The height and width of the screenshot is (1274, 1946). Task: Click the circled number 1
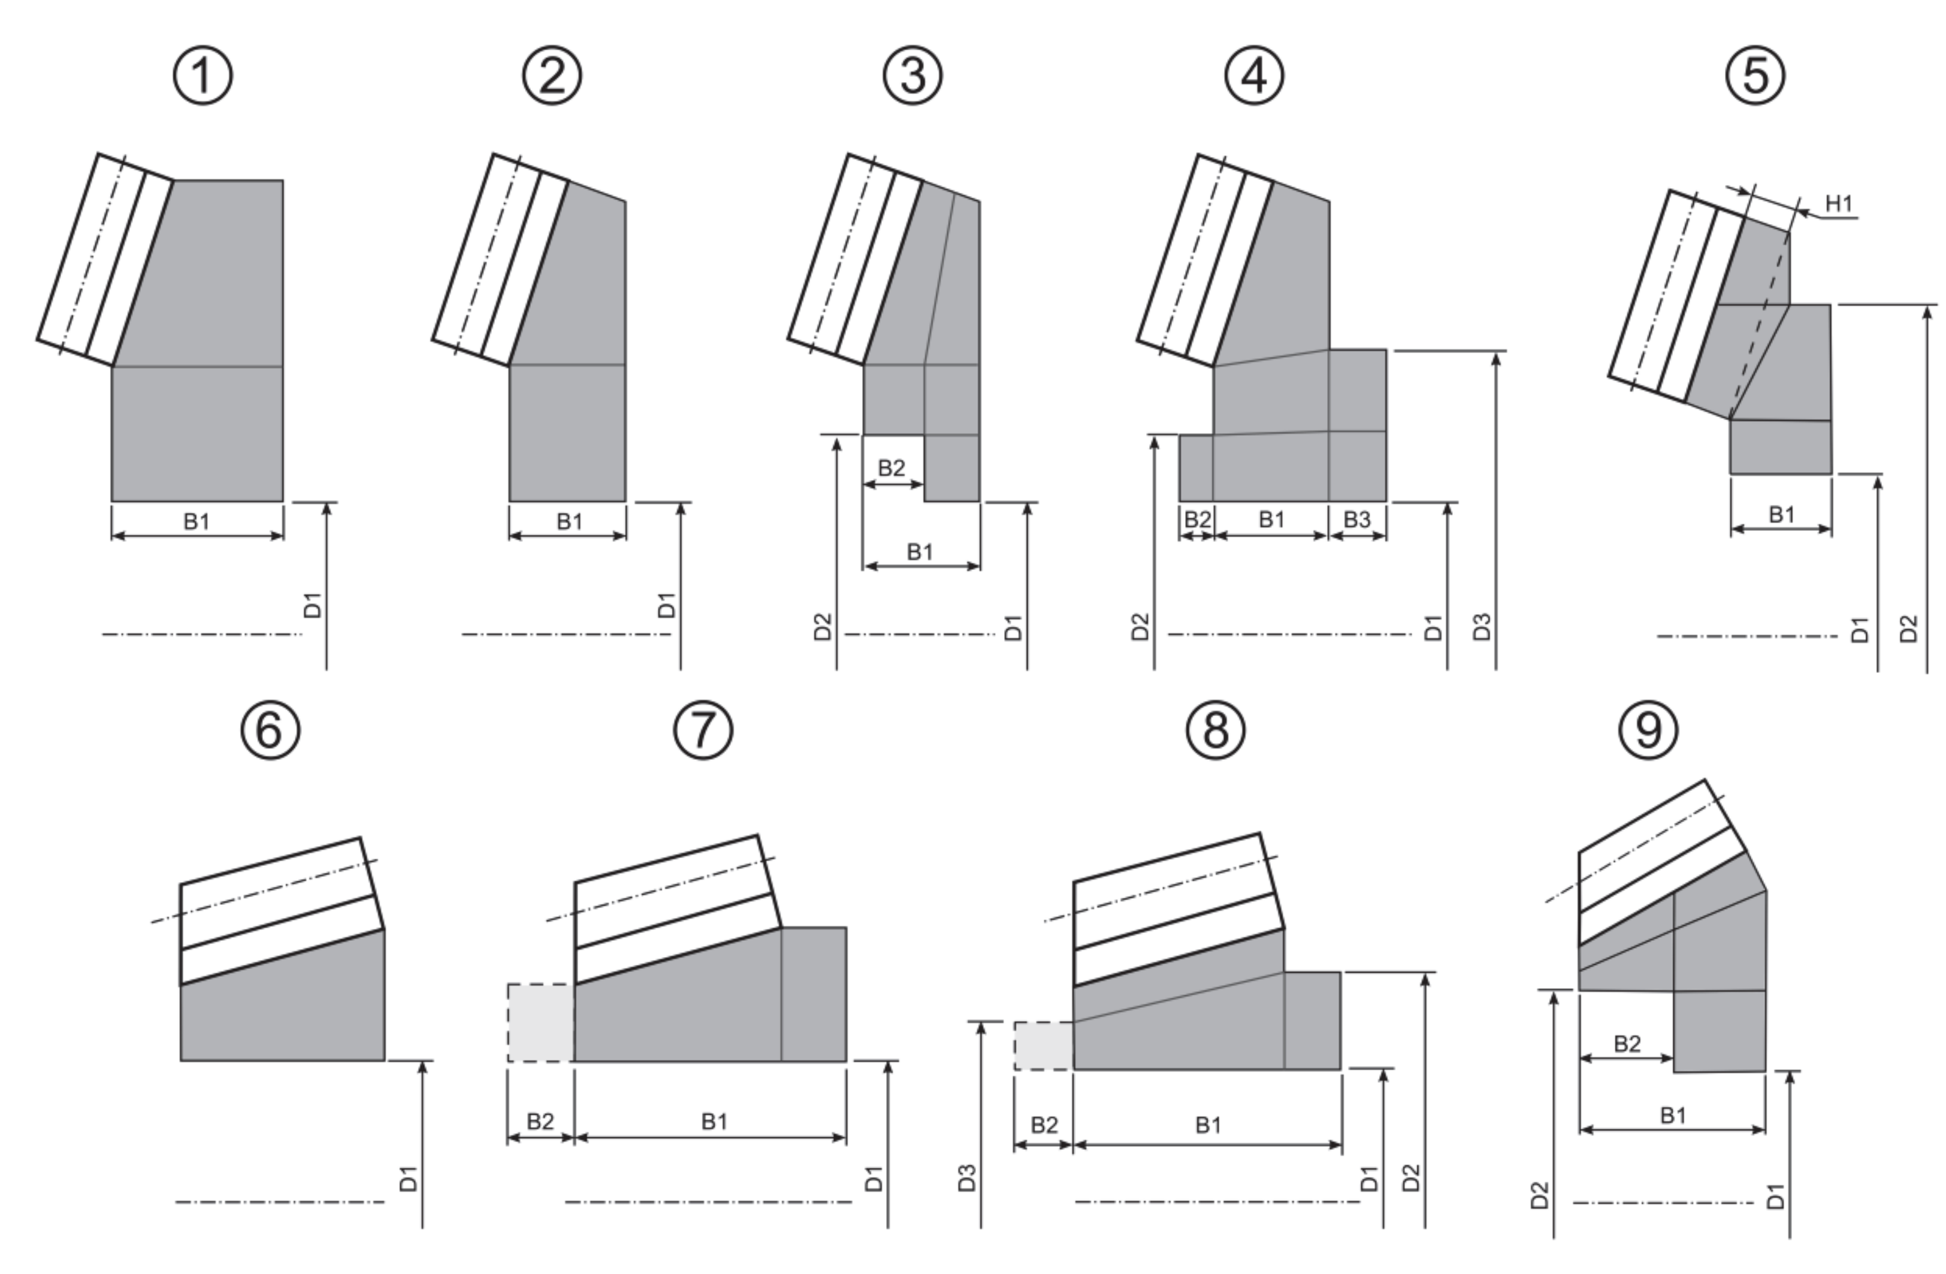coord(203,76)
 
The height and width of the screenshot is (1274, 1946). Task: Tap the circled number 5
coord(1755,76)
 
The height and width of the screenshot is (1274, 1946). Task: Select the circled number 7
coord(703,729)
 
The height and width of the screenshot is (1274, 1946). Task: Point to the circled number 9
coord(1648,729)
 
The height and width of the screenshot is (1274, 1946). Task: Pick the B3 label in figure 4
coord(1357,520)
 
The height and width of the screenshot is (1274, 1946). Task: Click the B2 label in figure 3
coord(892,468)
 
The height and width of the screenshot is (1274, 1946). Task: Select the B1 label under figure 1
coord(197,521)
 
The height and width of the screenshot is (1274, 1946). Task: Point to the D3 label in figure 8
coord(967,1178)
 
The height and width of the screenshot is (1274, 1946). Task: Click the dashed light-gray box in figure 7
coord(540,1022)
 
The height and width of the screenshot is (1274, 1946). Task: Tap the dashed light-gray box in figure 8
coord(1043,1045)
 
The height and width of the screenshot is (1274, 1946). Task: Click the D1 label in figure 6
coord(408,1178)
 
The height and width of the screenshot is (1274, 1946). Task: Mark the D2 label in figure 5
coord(1908,629)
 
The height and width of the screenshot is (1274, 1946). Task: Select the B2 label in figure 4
coord(1197,520)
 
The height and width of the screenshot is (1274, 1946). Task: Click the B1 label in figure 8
coord(1208,1125)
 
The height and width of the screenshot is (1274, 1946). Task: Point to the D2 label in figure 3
coord(823,627)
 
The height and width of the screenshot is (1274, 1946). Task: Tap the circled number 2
coord(552,76)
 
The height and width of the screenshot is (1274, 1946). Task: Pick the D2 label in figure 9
coord(1540,1195)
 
